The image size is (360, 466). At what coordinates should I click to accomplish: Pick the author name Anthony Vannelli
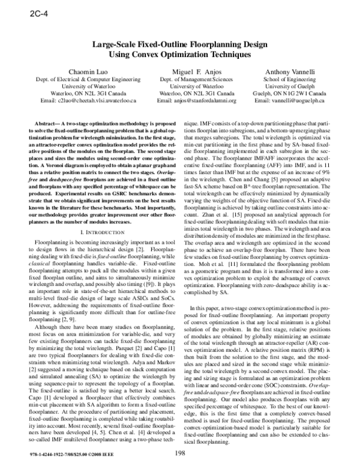290,71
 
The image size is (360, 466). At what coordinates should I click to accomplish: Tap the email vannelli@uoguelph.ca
290,102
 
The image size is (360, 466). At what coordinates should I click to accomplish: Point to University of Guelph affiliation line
290,86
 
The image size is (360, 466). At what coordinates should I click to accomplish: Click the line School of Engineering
290,79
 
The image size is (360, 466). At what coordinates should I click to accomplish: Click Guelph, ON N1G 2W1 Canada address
290,94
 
